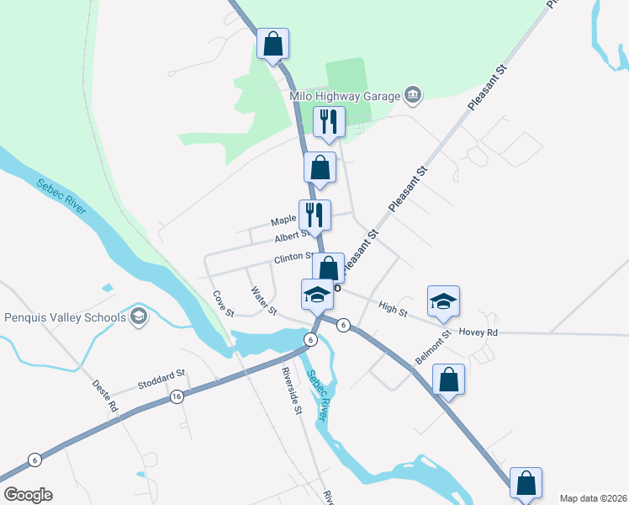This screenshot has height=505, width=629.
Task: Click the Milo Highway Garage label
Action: point(344,95)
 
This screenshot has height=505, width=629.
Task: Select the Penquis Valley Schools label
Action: point(65,317)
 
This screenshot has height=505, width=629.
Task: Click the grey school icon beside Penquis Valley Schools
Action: point(139,317)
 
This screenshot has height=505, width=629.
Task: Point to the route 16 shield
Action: point(176,396)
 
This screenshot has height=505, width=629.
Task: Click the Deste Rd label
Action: point(105,395)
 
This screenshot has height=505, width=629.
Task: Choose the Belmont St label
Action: point(433,344)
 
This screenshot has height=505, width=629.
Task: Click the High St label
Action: point(392,310)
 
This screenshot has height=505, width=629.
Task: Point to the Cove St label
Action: point(223,304)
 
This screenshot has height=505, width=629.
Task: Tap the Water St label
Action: point(263,302)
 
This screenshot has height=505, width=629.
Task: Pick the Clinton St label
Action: point(293,258)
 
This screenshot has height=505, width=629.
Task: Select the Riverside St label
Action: point(291,391)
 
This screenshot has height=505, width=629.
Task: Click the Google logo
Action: point(29,495)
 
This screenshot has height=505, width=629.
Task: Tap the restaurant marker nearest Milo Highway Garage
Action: point(329,122)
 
